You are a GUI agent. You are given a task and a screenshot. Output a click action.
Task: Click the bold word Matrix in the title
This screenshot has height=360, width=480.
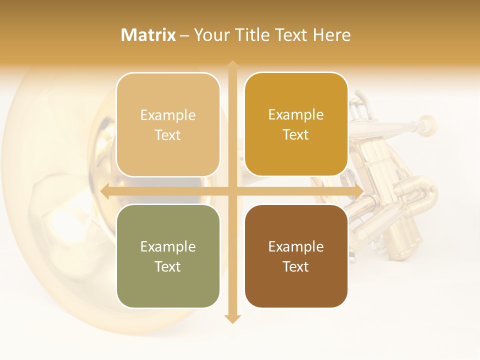[x=148, y=35]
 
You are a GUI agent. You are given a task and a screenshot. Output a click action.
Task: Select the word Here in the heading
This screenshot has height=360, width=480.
[x=331, y=35]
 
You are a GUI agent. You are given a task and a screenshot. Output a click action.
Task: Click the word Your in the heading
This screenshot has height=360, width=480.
[x=211, y=35]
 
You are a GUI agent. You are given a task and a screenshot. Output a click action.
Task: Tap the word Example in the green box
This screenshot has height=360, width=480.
[x=168, y=246]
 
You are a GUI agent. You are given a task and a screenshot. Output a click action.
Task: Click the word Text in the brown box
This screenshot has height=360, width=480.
[x=296, y=266]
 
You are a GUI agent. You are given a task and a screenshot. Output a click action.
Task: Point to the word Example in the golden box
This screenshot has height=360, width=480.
[x=296, y=114]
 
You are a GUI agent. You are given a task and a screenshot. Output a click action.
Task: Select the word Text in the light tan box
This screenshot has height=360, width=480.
[x=168, y=135]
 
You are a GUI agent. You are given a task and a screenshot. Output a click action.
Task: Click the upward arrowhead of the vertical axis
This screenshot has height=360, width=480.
[x=232, y=64]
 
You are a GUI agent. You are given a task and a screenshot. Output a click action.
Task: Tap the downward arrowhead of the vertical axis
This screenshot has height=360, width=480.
[x=232, y=318]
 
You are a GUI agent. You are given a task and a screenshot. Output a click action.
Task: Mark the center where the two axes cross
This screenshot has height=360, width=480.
[x=232, y=191]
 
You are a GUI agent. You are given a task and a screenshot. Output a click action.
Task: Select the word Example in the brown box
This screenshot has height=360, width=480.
[x=296, y=246]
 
